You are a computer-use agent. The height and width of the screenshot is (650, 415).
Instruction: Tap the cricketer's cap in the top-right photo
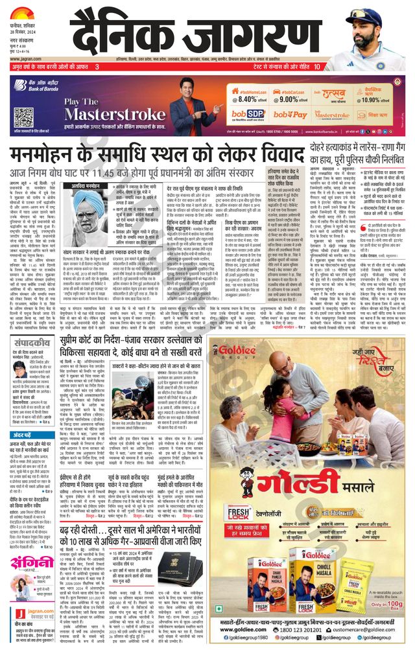[374, 14]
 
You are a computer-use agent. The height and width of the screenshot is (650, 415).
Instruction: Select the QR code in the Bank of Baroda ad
[23, 117]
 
